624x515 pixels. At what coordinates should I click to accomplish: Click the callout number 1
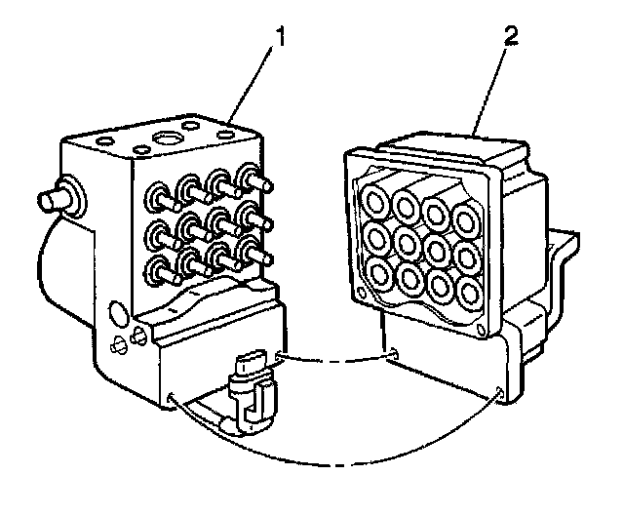(281, 40)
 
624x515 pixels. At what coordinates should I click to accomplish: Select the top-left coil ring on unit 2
(374, 200)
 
